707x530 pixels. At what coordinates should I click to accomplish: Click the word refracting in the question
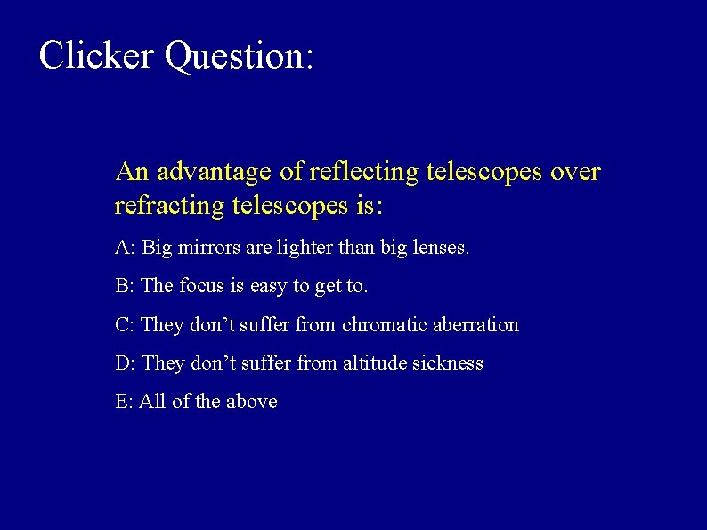(x=169, y=206)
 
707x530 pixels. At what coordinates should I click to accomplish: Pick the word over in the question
(x=575, y=171)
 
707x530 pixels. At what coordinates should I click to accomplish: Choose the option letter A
(x=122, y=247)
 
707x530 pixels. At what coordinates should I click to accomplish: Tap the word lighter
(x=296, y=247)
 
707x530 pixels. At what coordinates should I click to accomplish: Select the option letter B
(x=122, y=286)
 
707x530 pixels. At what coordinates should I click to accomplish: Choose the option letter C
(x=122, y=324)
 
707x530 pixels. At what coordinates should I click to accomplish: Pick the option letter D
(x=122, y=363)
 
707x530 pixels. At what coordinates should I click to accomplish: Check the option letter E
(x=121, y=401)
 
